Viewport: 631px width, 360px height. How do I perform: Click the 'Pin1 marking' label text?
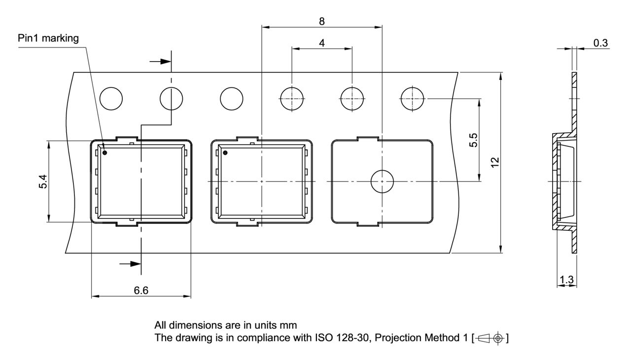(48, 39)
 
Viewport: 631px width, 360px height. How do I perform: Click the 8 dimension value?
(322, 21)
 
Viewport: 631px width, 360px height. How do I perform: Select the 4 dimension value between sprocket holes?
(322, 43)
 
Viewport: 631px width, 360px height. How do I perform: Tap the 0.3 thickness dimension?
(600, 43)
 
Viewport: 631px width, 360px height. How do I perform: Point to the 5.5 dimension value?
(474, 140)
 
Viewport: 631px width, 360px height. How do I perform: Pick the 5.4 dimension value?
(43, 182)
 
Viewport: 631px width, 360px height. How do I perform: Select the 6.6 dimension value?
(141, 290)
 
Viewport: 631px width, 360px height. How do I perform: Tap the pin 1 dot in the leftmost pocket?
(105, 153)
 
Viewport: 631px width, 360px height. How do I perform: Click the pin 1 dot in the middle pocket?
(225, 153)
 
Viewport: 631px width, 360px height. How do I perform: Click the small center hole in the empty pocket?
(382, 181)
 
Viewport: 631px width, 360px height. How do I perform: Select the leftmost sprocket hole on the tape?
(111, 99)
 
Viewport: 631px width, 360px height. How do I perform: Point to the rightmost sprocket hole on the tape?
(413, 99)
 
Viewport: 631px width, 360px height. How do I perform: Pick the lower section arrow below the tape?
(130, 264)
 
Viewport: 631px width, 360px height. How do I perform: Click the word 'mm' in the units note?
(289, 325)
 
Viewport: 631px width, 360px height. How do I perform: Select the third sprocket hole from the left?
(231, 99)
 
